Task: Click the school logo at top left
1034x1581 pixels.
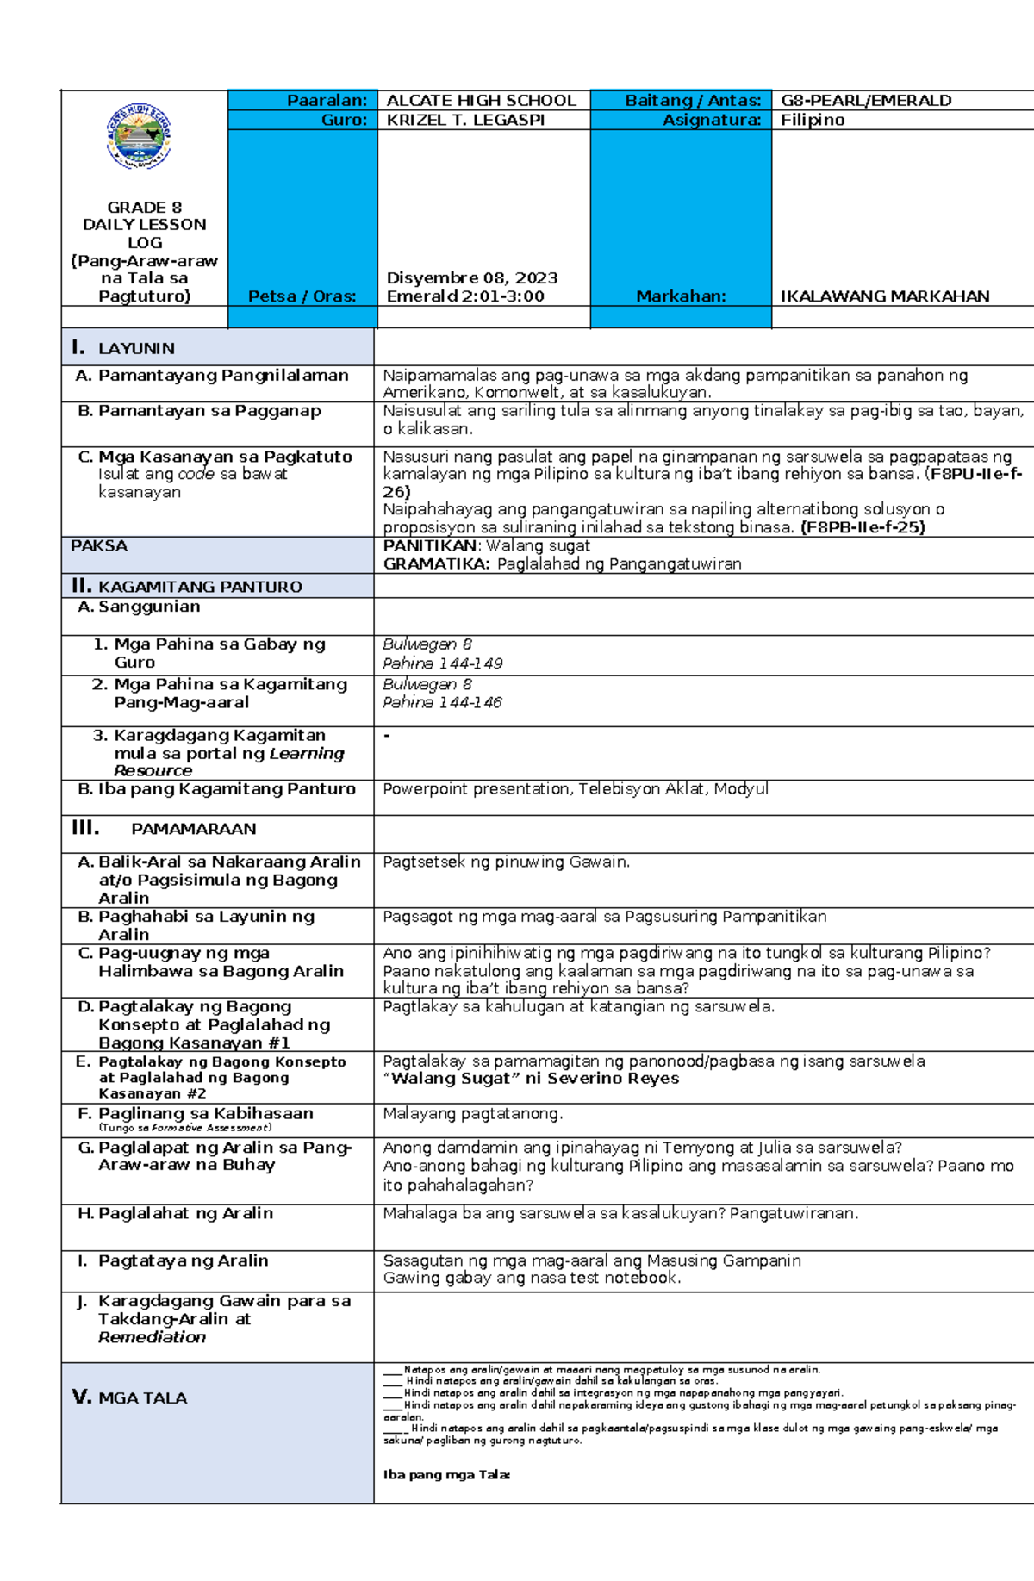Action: tap(139, 136)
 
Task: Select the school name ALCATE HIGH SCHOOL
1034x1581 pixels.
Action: tap(481, 101)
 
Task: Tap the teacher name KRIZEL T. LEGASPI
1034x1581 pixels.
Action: tap(465, 121)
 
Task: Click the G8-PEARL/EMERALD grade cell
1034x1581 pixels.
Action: tap(865, 101)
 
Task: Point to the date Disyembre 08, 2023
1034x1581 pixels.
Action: tap(471, 278)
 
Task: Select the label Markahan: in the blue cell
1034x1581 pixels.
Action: tap(681, 296)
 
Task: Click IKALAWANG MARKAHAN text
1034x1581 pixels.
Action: tap(884, 296)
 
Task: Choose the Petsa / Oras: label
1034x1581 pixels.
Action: tap(302, 296)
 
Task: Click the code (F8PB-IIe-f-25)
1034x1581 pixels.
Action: tap(863, 527)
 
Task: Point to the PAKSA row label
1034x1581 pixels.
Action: tap(99, 546)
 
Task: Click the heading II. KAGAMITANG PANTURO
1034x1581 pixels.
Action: tap(187, 587)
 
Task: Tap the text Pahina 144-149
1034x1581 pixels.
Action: tap(442, 663)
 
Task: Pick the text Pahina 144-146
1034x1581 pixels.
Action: tap(441, 703)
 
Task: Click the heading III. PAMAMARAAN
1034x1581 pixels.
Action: tap(164, 829)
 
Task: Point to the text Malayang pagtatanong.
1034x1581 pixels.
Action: tap(472, 1114)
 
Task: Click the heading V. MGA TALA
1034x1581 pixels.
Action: tap(129, 1397)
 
